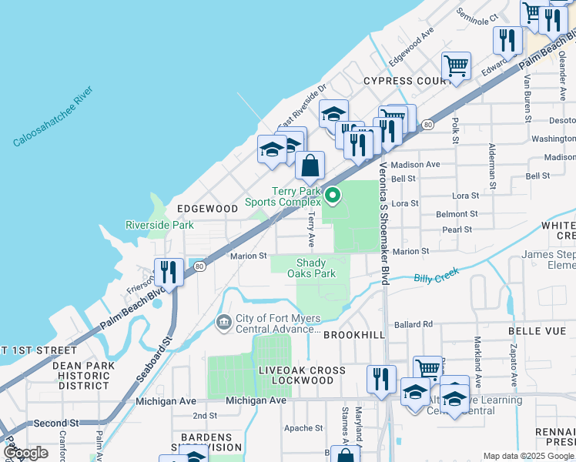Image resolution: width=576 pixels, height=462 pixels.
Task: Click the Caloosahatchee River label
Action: pyautogui.click(x=52, y=116)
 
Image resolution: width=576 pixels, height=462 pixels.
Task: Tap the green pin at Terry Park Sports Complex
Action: pyautogui.click(x=333, y=196)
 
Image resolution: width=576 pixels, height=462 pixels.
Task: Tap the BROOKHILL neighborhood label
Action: pyautogui.click(x=353, y=335)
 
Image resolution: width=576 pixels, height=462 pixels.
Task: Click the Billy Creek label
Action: pyautogui.click(x=436, y=275)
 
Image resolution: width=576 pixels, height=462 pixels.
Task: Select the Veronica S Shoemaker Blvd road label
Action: pyautogui.click(x=383, y=227)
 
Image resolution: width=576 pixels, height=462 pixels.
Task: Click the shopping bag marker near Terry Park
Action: pyautogui.click(x=310, y=166)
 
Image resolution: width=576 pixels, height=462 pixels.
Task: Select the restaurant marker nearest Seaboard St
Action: pyautogui.click(x=167, y=272)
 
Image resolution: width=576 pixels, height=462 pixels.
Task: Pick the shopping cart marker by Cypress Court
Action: pyautogui.click(x=456, y=66)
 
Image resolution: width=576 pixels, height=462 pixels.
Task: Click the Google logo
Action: pyautogui.click(x=25, y=452)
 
